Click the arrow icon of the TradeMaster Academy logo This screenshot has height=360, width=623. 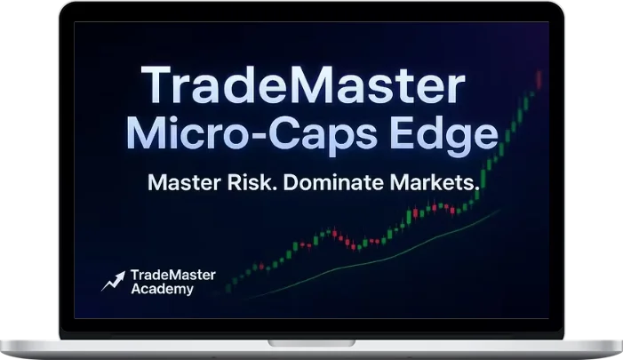coord(112,282)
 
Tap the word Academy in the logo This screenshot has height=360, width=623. coord(160,289)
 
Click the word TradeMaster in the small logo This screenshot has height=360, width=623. coord(172,275)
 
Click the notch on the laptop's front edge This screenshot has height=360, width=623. coord(311,341)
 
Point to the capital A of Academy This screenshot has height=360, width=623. coord(136,289)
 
